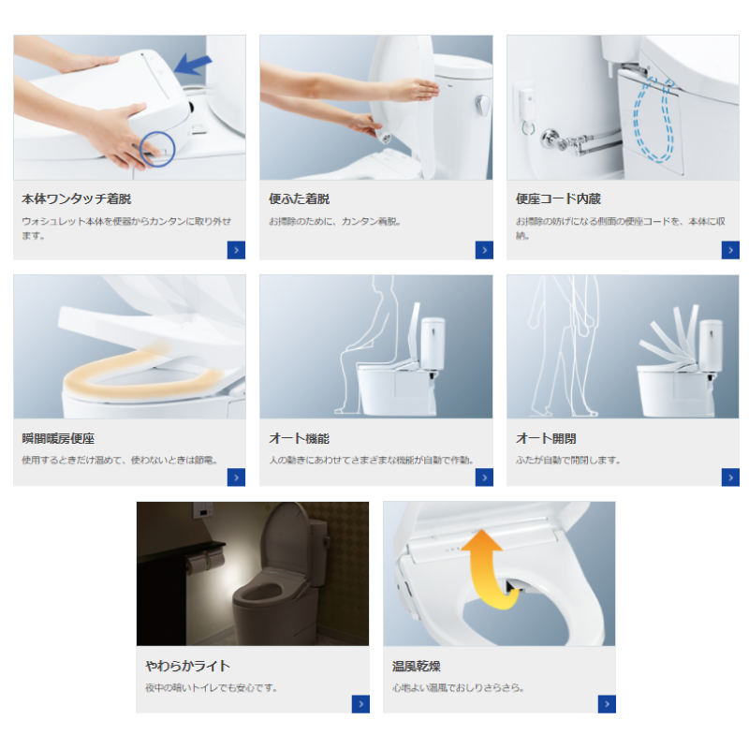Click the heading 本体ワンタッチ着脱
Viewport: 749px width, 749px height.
point(77,198)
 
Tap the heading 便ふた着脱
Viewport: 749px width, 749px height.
point(299,198)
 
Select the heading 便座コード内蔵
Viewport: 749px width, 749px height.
point(558,198)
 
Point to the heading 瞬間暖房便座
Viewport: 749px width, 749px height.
point(58,438)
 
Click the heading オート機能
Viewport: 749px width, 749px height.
point(299,438)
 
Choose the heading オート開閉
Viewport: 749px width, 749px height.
point(546,438)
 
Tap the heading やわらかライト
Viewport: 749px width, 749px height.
point(188,666)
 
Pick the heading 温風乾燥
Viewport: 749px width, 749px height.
point(416,666)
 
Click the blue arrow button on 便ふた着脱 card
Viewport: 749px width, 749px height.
point(484,250)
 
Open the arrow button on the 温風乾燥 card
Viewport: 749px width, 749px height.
point(607,704)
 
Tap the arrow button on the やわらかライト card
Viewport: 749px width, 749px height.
point(360,704)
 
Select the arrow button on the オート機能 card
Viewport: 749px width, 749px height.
point(484,477)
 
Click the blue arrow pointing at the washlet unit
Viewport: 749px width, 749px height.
point(193,65)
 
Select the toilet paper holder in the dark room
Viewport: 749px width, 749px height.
point(205,560)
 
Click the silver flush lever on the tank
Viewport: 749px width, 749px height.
point(482,105)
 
